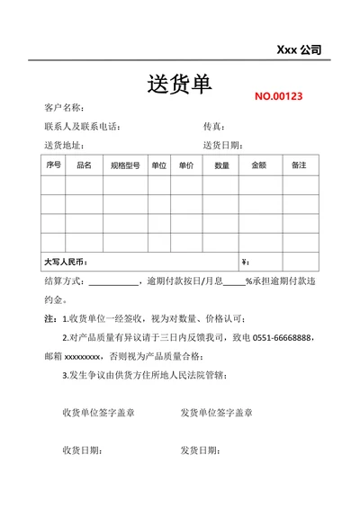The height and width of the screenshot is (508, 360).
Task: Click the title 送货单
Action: point(179,85)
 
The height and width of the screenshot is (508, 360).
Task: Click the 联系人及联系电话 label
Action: point(82,127)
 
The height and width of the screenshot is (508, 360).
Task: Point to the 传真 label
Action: point(214,127)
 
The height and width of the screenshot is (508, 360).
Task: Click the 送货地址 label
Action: point(64,145)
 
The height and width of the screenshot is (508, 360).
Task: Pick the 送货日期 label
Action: point(221,145)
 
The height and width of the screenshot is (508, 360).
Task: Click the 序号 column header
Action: point(52,165)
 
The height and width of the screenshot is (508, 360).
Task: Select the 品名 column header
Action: point(85,165)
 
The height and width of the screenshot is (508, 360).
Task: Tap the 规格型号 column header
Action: point(125,165)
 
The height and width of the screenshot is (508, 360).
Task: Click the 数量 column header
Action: point(221,165)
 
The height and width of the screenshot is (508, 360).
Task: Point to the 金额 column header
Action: point(258,165)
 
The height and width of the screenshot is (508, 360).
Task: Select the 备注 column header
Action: point(300,165)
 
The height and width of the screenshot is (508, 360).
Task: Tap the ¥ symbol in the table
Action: point(245,263)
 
